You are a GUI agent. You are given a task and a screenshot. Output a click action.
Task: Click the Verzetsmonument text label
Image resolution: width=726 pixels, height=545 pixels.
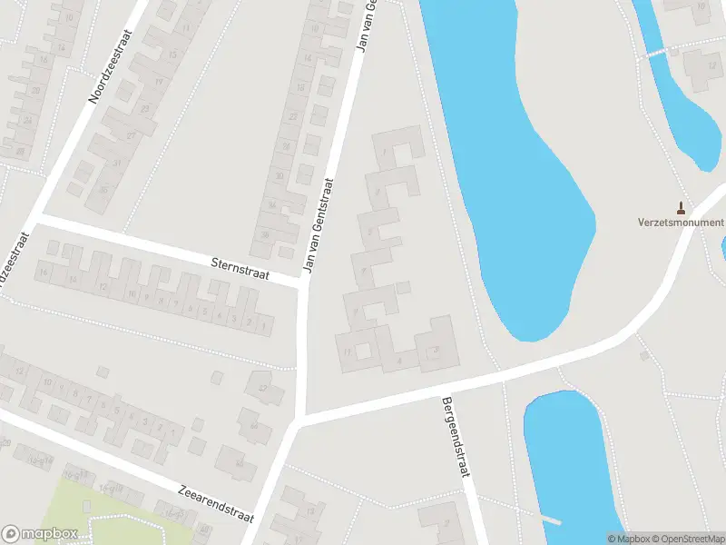pos(681,223)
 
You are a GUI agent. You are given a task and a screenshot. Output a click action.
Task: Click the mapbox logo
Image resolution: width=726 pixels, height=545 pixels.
pos(40,534)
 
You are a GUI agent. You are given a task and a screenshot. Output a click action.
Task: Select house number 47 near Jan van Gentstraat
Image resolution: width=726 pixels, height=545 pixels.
pos(264,389)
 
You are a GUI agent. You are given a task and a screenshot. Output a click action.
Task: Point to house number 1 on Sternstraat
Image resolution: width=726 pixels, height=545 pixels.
pos(263,324)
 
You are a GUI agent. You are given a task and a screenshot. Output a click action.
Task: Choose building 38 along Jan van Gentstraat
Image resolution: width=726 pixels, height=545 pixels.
pos(266,234)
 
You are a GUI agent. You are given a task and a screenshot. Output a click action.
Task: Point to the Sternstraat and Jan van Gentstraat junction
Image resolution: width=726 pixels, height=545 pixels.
pos(303,284)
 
